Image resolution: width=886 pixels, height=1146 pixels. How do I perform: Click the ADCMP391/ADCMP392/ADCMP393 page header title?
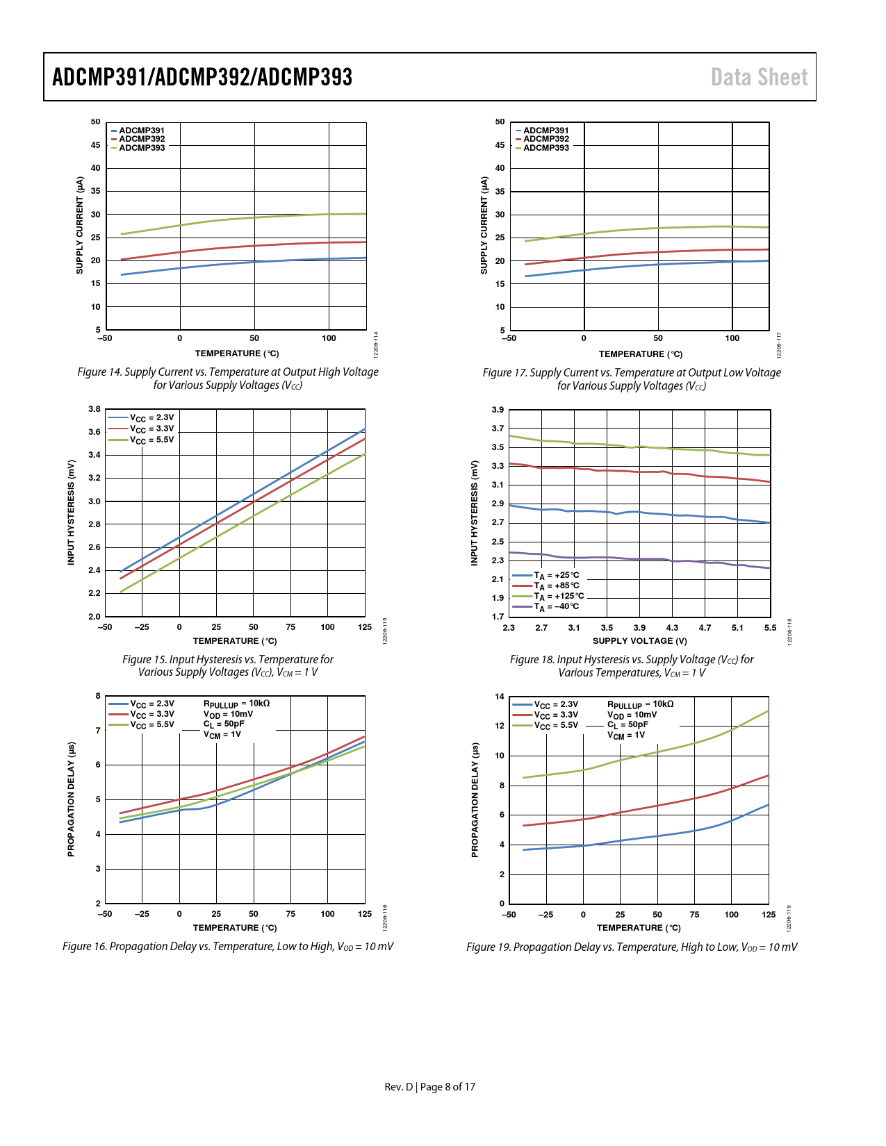tap(202, 77)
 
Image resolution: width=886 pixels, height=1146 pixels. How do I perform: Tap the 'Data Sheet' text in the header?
tap(759, 77)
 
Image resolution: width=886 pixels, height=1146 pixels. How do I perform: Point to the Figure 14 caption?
tap(228, 379)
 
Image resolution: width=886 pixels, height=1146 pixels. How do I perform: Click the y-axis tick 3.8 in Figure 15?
tap(95, 409)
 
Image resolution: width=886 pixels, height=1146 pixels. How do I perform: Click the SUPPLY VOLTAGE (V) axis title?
tap(639, 641)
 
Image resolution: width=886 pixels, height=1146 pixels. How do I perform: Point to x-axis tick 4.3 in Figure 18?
tap(672, 628)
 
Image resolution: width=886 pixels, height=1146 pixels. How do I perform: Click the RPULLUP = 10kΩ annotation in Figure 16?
tap(236, 704)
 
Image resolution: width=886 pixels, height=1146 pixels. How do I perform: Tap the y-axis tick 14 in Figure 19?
tap(500, 697)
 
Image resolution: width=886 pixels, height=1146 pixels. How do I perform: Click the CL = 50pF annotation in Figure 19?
tap(627, 724)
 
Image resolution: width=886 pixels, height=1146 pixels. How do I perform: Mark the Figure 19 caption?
tap(632, 947)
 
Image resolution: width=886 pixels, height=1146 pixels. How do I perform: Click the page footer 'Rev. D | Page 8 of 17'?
tap(430, 1087)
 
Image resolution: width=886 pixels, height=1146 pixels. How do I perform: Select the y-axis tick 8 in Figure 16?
tap(98, 696)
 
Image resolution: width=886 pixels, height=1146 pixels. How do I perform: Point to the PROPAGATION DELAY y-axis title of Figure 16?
tap(71, 799)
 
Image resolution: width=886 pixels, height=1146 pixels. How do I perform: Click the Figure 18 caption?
tap(632, 666)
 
